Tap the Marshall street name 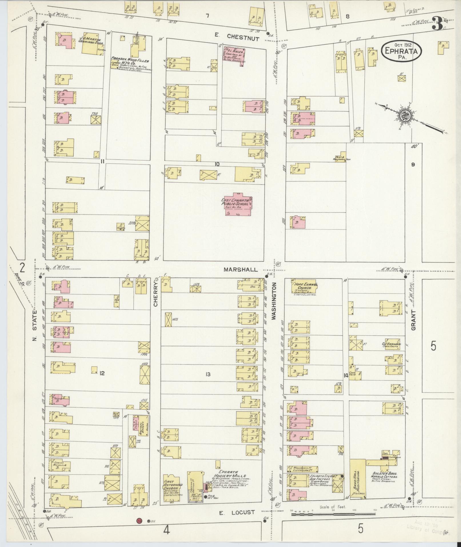241,269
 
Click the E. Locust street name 237,512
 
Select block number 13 208,374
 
